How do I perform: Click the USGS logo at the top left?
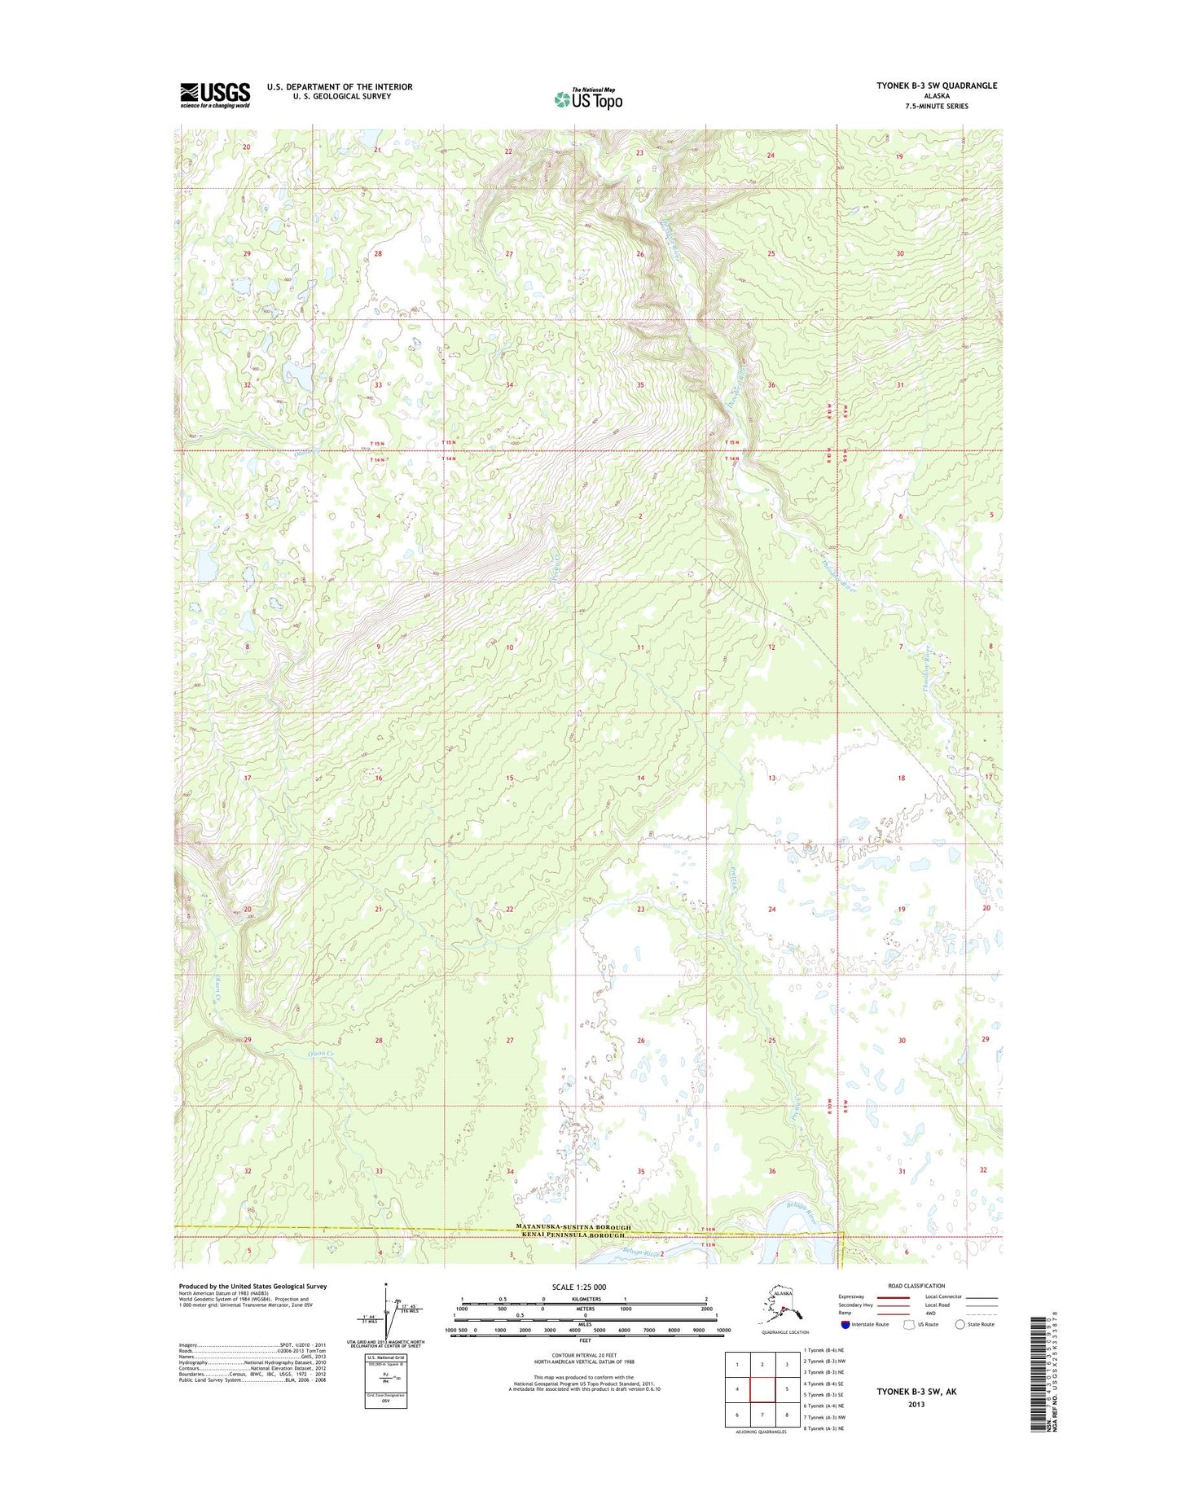point(215,94)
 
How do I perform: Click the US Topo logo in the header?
point(588,99)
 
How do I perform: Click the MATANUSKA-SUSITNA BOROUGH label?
point(573,1227)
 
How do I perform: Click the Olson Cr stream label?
point(320,1054)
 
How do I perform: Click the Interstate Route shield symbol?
point(845,1324)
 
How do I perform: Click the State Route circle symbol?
point(960,1324)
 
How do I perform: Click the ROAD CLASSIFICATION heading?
point(916,1286)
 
